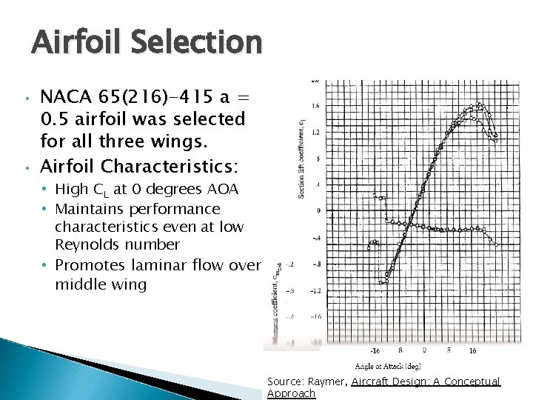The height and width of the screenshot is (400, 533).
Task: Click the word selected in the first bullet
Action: coord(208,119)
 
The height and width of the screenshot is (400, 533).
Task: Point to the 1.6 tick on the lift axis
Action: coord(315,106)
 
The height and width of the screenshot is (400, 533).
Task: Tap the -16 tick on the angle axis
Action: coord(376,351)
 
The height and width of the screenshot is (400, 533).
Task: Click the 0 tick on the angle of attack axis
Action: coord(423,351)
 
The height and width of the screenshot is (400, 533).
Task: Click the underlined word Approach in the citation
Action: coord(291,393)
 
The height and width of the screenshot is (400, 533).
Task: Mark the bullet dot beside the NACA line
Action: coord(24,97)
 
